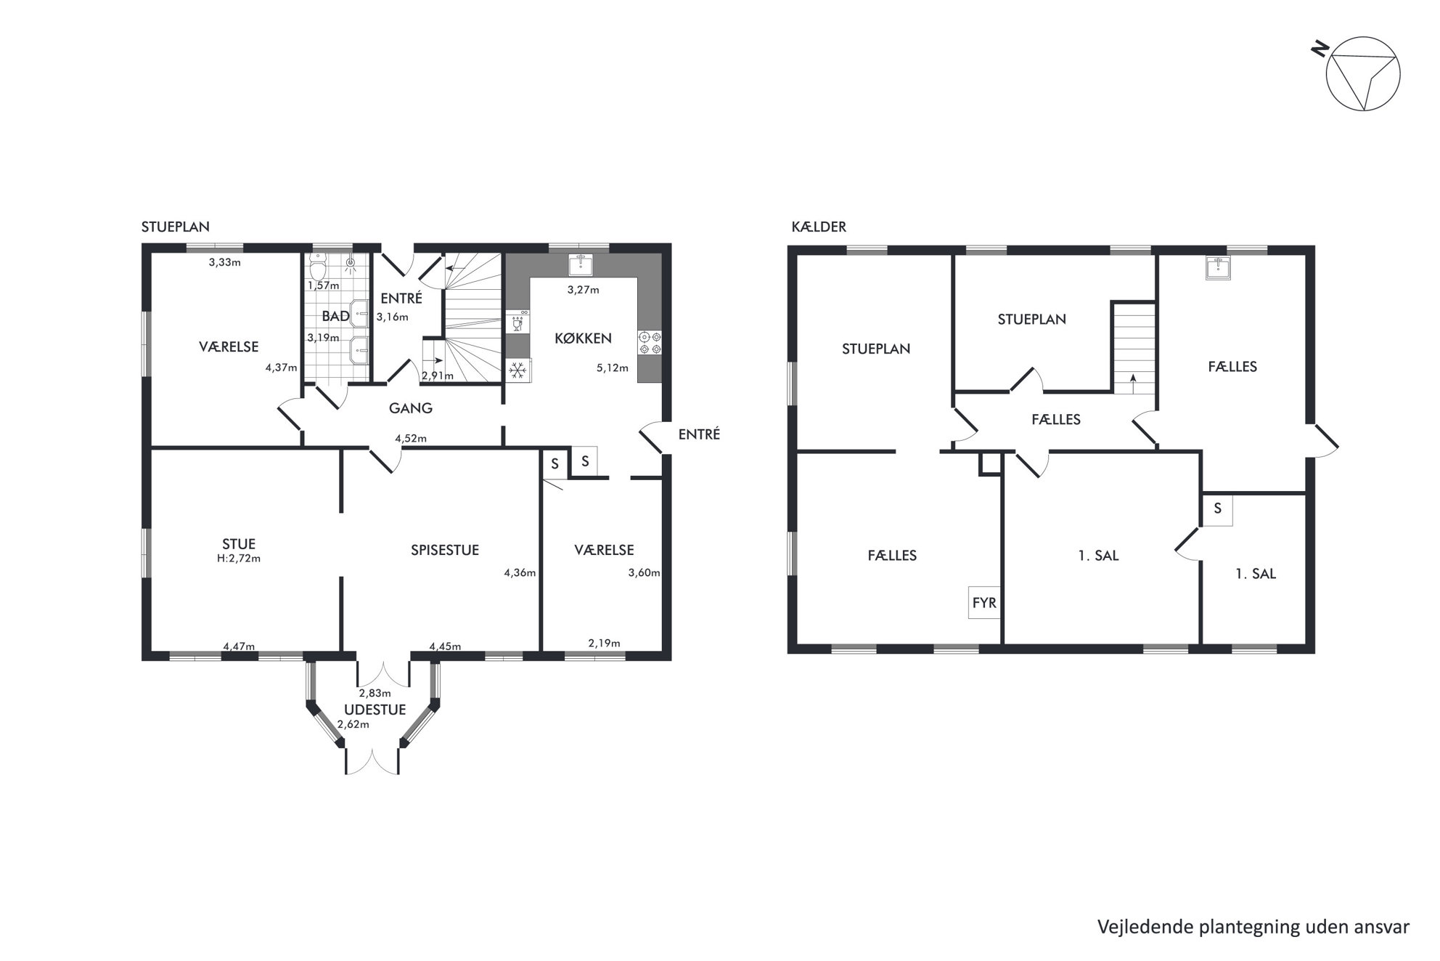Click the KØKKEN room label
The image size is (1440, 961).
point(583,338)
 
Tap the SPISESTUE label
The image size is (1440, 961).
point(445,550)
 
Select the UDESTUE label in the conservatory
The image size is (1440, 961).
point(375,710)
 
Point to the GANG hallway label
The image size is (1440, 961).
point(411,408)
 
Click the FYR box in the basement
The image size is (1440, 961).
point(984,603)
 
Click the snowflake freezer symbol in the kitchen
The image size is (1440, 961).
point(517,371)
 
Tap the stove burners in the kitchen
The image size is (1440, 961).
point(650,343)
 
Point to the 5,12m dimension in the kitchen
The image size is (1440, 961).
point(613,368)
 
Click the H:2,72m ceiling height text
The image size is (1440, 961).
point(239,559)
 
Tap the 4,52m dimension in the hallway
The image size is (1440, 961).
point(411,439)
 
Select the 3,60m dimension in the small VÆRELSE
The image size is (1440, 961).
point(645,572)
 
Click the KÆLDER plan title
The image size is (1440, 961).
point(819,227)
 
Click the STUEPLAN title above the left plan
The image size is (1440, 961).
point(176,227)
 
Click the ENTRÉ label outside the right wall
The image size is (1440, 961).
point(699,434)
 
